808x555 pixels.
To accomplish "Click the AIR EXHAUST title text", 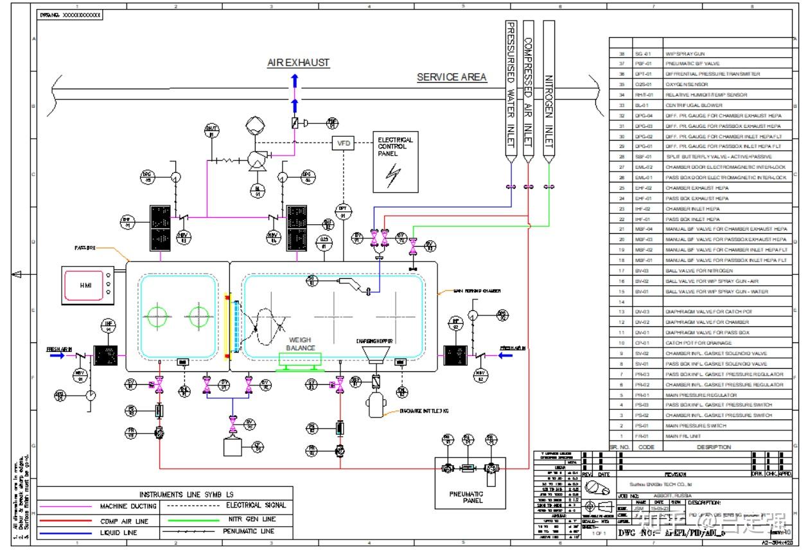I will tap(298, 63).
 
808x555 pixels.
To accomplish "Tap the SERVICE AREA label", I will tap(452, 77).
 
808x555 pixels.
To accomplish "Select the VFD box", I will tap(344, 143).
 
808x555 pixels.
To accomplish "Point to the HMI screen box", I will tap(86, 285).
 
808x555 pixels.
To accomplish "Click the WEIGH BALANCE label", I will tap(301, 344).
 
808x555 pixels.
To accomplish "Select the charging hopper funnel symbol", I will tap(374, 355).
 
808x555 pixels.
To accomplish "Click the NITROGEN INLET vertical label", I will tap(549, 112).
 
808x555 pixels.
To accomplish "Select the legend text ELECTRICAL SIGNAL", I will tap(256, 506).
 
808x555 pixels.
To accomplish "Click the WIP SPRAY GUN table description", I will tap(684, 53).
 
